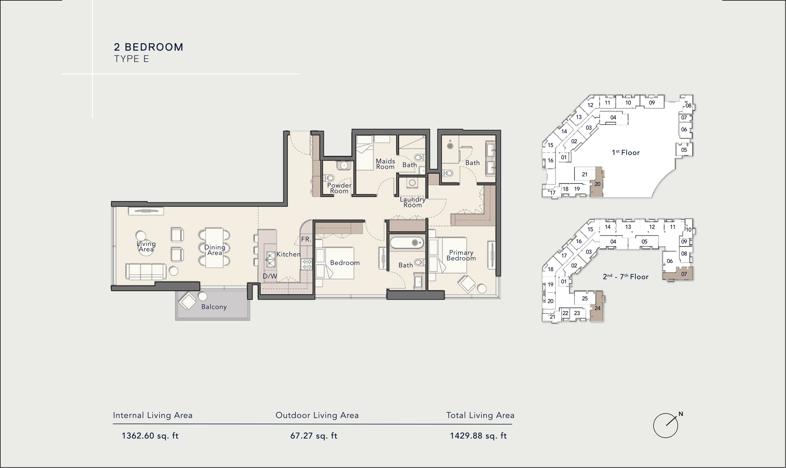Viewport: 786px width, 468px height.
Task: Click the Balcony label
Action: click(214, 307)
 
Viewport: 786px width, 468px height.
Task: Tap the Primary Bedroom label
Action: click(461, 256)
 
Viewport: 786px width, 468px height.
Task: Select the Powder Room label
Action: click(339, 188)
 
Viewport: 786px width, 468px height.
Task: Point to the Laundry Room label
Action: click(412, 202)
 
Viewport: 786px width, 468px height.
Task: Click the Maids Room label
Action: click(385, 164)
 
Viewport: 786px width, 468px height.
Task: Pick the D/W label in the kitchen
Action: click(270, 276)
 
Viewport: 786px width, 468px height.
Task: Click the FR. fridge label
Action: click(306, 239)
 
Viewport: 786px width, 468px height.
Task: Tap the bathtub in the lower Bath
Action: click(407, 242)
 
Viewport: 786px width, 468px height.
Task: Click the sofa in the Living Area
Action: click(146, 271)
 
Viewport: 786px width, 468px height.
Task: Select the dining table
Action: click(214, 248)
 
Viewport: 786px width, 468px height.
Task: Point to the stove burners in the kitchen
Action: click(306, 264)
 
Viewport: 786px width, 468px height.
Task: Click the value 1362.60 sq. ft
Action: click(150, 436)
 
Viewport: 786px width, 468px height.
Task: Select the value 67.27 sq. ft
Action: click(314, 436)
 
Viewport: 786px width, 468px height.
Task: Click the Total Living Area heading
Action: click(480, 415)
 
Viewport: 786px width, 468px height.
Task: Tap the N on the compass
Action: click(681, 414)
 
